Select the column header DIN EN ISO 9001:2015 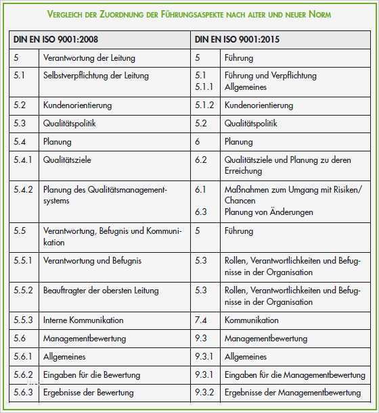click(x=238, y=40)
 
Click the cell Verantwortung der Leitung click(x=89, y=58)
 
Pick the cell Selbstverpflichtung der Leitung click(x=95, y=76)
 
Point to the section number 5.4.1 click(x=23, y=160)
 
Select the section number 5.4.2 click(x=23, y=190)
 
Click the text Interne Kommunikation click(x=83, y=320)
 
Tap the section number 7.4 click(x=200, y=320)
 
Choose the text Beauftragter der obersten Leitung click(x=100, y=290)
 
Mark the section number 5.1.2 click(x=204, y=105)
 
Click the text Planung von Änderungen click(x=269, y=212)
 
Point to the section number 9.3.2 click(x=204, y=392)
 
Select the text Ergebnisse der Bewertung click(x=88, y=392)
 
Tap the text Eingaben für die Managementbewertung click(x=294, y=374)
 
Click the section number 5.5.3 click(x=23, y=320)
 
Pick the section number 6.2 click(x=200, y=160)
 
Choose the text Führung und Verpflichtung click(x=270, y=76)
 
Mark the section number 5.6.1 click(x=23, y=356)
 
